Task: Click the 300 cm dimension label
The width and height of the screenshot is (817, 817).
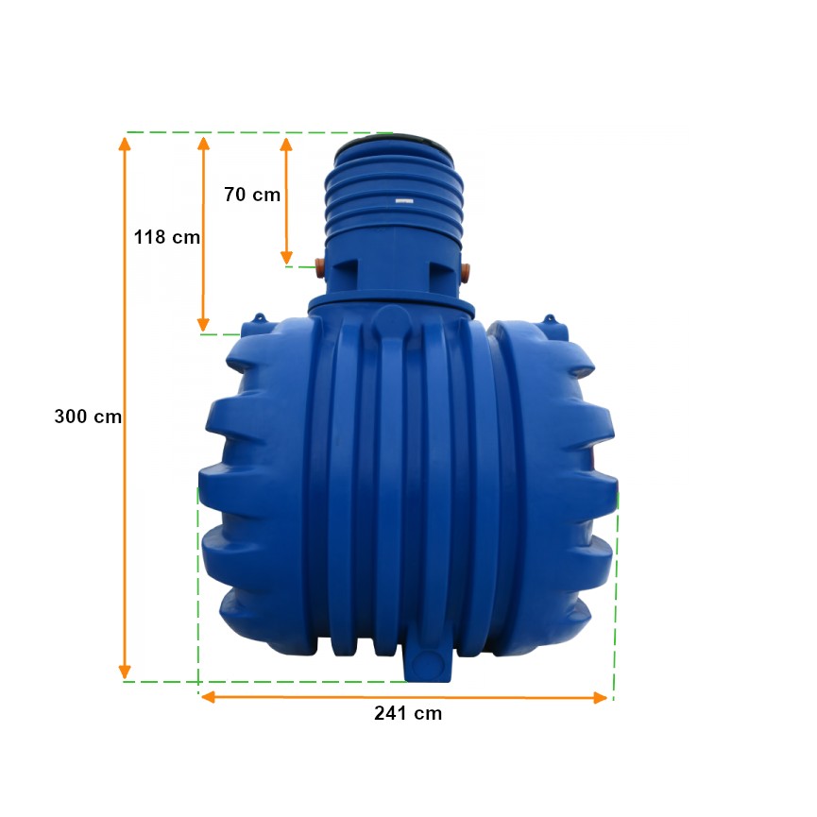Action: pos(88,417)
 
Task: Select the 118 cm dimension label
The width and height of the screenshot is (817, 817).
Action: pos(167,237)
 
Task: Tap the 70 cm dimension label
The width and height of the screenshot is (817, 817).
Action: pos(252,195)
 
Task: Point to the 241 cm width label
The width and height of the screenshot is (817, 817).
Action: pos(408,713)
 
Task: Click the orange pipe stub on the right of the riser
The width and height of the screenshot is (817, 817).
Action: pos(466,272)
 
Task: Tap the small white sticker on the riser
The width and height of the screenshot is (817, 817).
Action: pos(404,200)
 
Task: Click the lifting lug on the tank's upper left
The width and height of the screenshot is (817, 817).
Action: pos(259,318)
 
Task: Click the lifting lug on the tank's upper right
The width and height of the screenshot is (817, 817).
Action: pos(549,319)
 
